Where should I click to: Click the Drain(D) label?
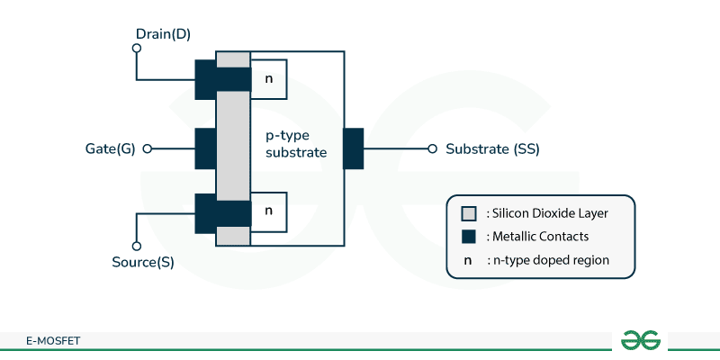(163, 35)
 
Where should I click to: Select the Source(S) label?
(143, 263)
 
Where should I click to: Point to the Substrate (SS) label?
(492, 148)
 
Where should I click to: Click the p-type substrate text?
(296, 145)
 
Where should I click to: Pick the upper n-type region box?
(269, 79)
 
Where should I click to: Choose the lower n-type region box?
(269, 211)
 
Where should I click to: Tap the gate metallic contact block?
(204, 148)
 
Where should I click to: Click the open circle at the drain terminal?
(137, 49)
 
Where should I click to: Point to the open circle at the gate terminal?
(148, 148)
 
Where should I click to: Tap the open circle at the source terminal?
(137, 246)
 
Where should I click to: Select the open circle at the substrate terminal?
(433, 148)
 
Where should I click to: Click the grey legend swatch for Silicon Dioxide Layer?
(468, 213)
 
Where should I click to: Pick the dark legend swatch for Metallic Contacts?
(468, 237)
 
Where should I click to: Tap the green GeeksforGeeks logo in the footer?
(641, 339)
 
